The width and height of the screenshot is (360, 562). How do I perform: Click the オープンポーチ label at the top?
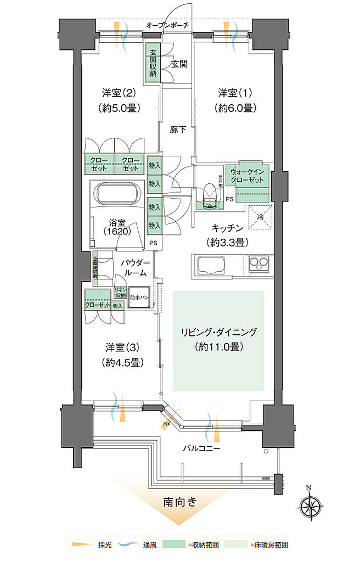coord(168,25)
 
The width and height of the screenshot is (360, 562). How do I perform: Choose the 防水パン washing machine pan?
coord(139,297)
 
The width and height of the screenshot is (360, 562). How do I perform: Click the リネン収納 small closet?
coord(120,293)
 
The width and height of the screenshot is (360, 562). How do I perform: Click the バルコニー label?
coord(201,448)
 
